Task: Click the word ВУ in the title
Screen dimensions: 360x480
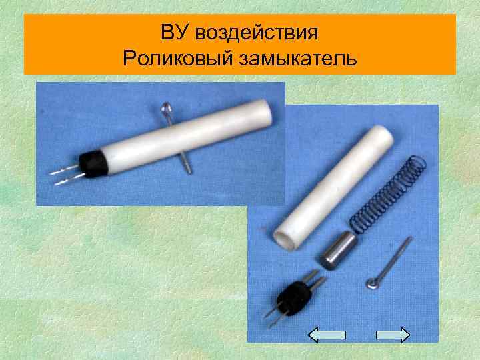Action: tap(174, 33)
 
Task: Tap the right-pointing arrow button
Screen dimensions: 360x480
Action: tap(393, 335)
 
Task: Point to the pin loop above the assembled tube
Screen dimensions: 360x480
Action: tap(169, 109)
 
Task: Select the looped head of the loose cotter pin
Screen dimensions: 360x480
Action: tap(371, 285)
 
